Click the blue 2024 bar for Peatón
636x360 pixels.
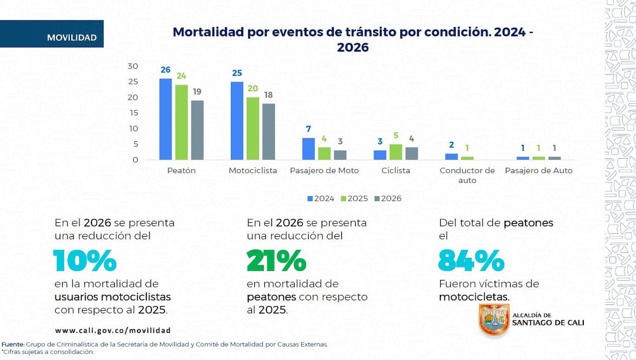pos(165,119)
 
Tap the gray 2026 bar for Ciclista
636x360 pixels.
pos(411,154)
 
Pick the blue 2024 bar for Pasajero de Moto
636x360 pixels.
pos(309,149)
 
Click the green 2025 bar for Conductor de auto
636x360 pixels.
pos(467,158)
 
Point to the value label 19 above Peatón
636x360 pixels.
pos(197,91)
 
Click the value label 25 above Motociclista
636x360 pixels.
pos(237,73)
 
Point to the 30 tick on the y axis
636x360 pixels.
pos(133,66)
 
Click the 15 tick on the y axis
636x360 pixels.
pos(133,113)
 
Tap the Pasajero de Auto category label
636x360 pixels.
pos(539,171)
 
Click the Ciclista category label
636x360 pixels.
pos(396,171)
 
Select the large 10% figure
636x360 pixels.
pos(84,261)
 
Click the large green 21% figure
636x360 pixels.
pos(276,261)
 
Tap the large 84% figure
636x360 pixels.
pos(471,261)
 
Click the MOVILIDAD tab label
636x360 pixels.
pos(72,38)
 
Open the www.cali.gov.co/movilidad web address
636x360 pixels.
pos(113,330)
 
